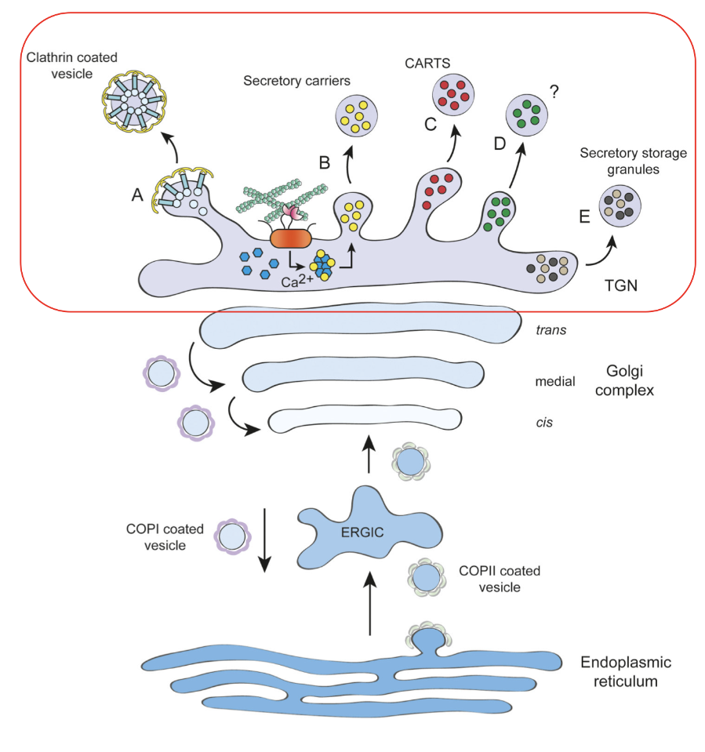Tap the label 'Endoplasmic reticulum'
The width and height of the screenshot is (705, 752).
point(626,671)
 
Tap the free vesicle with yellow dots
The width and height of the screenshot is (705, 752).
point(357,115)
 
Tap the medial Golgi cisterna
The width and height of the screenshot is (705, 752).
point(362,376)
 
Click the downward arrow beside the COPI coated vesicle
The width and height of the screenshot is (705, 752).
point(266,541)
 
